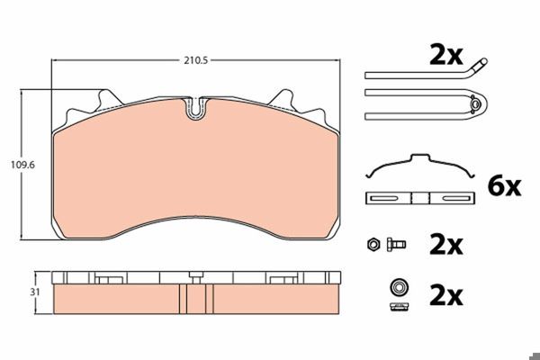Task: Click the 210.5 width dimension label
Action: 195,60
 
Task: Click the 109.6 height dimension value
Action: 22,165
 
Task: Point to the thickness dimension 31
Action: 35,292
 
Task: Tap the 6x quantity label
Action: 504,186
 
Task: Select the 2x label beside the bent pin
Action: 446,56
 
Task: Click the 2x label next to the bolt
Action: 446,245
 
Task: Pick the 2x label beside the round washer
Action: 446,296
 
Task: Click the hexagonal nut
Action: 373,244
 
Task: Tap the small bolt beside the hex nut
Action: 396,244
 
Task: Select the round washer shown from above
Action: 399,286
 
